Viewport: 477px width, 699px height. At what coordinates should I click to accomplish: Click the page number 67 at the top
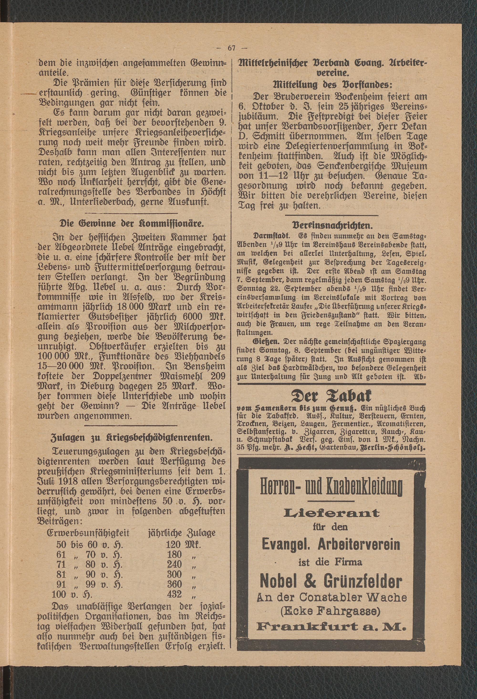click(232, 48)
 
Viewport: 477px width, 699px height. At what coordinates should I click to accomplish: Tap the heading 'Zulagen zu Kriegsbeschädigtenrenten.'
click(131, 437)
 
